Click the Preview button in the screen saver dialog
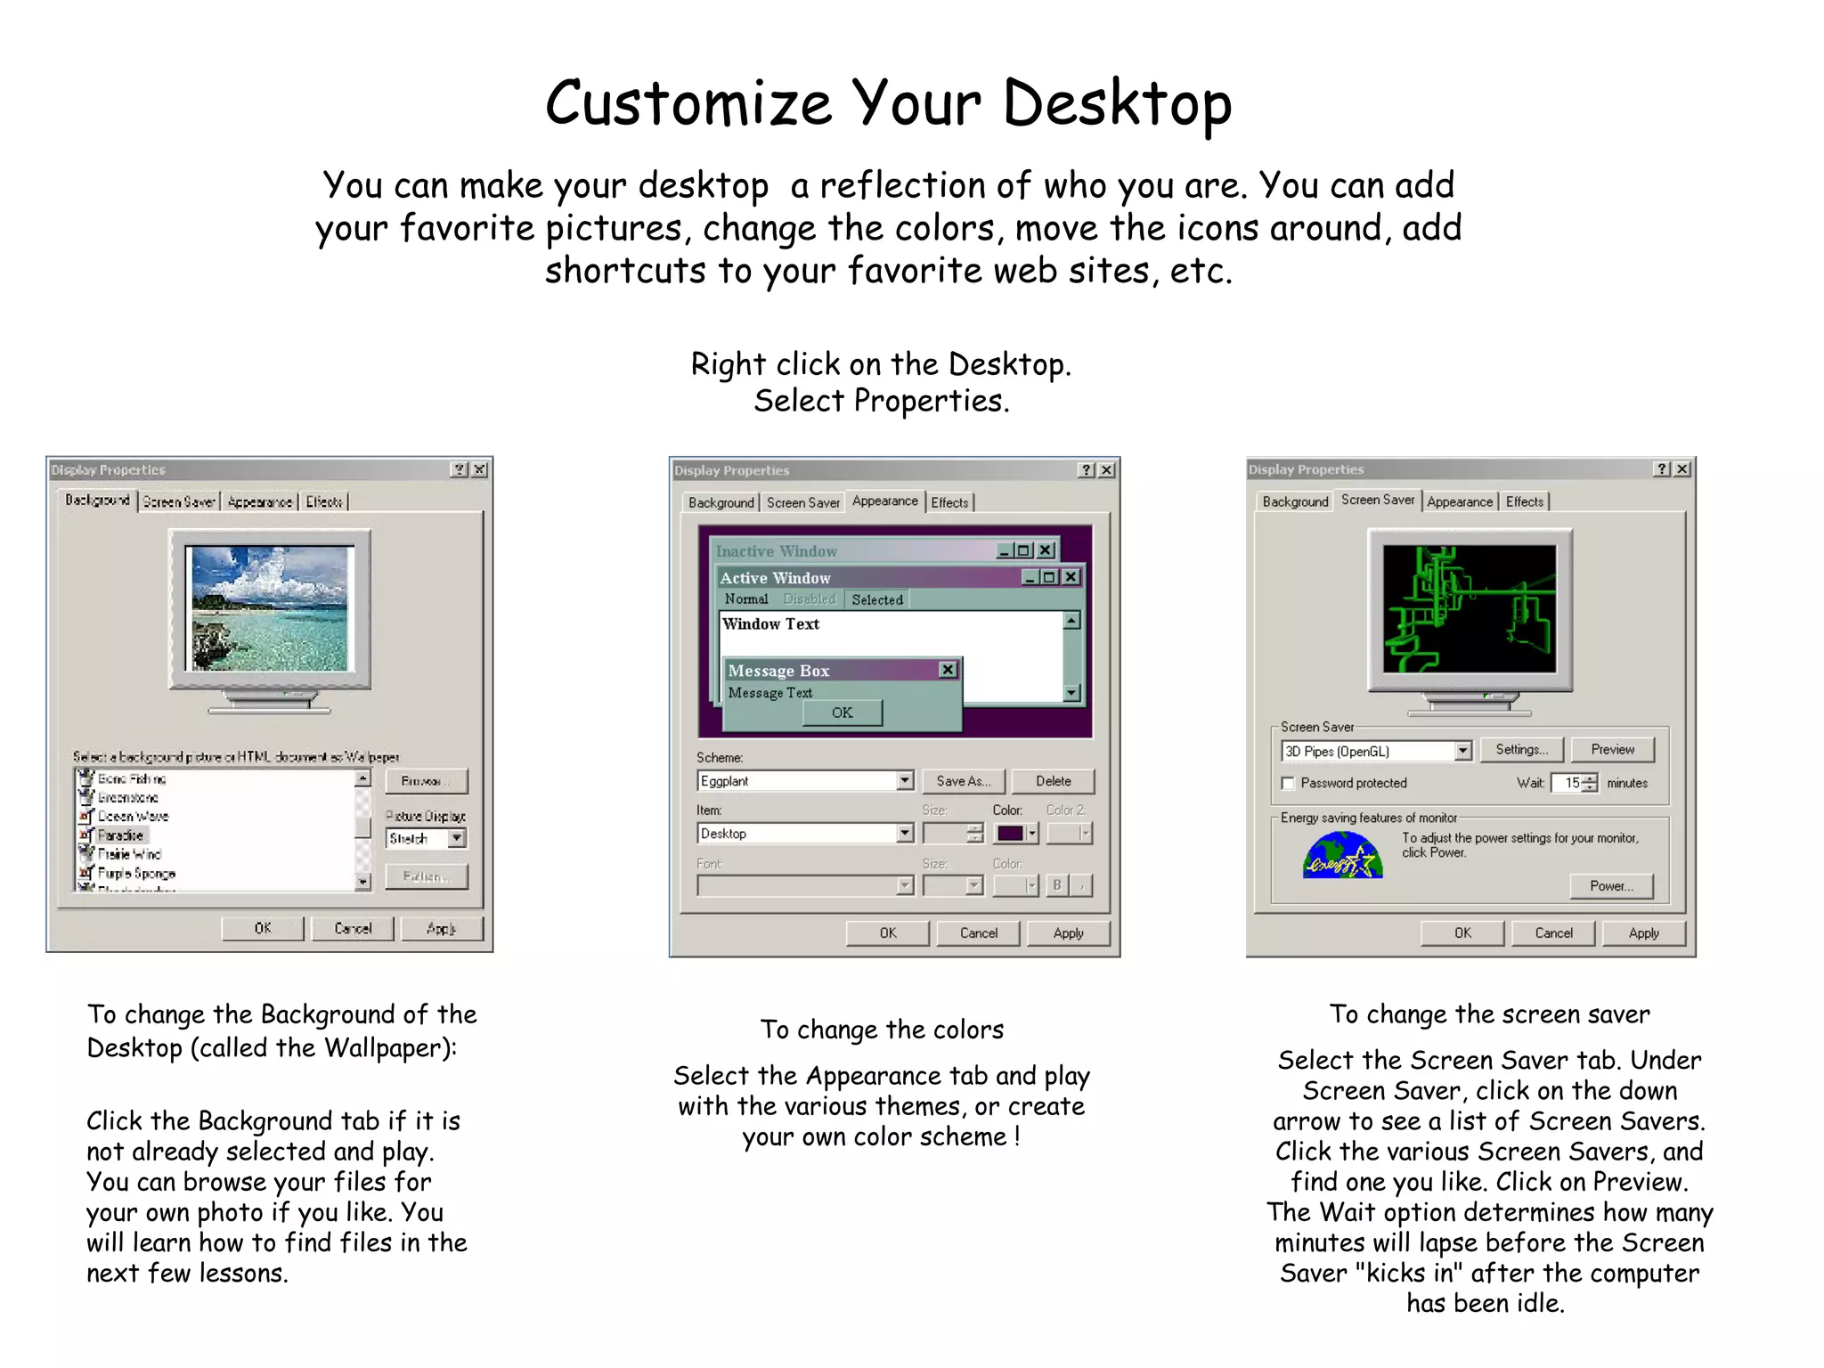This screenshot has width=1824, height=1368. click(x=1612, y=750)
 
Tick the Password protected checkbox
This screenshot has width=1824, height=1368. click(x=1288, y=784)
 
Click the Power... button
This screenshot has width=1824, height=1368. click(x=1611, y=886)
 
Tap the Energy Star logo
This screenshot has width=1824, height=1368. click(x=1343, y=856)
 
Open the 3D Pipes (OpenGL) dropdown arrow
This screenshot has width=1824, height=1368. click(x=1462, y=752)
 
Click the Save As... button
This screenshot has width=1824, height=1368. click(x=963, y=781)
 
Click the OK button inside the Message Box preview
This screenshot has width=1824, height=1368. click(x=842, y=712)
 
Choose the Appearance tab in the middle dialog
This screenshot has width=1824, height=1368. click(x=884, y=501)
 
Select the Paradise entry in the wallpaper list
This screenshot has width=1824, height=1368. click(x=120, y=835)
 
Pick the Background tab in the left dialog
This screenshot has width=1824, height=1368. click(x=97, y=501)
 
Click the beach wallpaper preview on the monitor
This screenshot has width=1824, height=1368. click(x=270, y=608)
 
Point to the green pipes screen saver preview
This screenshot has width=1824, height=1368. click(x=1470, y=609)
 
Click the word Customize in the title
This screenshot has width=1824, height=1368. click(x=688, y=103)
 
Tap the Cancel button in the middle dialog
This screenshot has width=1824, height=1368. click(x=978, y=933)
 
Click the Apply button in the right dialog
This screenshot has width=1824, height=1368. click(x=1643, y=933)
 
